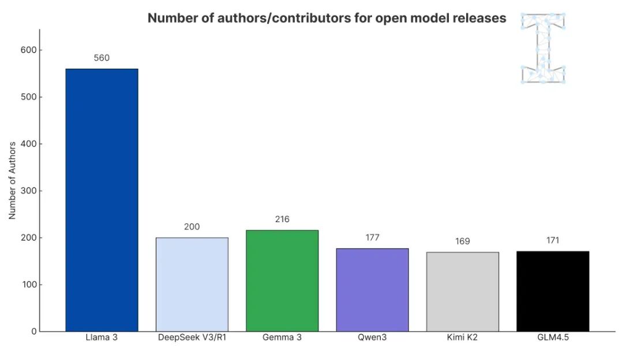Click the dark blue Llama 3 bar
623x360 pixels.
pyautogui.click(x=102, y=200)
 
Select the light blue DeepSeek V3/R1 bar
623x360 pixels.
pyautogui.click(x=192, y=284)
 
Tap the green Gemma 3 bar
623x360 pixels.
pyautogui.click(x=282, y=280)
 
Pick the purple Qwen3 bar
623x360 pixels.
pyautogui.click(x=372, y=290)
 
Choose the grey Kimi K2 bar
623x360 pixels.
pyautogui.click(x=463, y=292)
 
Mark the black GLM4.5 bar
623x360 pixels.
pyautogui.click(x=553, y=291)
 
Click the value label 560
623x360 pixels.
pyautogui.click(x=102, y=58)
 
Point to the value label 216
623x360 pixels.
pyautogui.click(x=282, y=219)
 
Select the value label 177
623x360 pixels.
pyautogui.click(x=372, y=238)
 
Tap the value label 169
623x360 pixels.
pyautogui.click(x=463, y=241)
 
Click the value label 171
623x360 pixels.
pyautogui.click(x=553, y=240)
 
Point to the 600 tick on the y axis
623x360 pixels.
pyautogui.click(x=29, y=50)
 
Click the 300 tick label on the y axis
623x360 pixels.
pyautogui.click(x=29, y=191)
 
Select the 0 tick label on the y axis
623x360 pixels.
pyautogui.click(x=34, y=331)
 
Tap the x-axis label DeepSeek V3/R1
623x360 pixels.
pyautogui.click(x=192, y=337)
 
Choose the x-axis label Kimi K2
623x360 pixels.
pyautogui.click(x=462, y=337)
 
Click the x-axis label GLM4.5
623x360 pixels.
pyautogui.click(x=553, y=337)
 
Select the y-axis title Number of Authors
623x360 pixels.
pyautogui.click(x=12, y=181)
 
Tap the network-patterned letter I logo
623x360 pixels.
pyautogui.click(x=543, y=48)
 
